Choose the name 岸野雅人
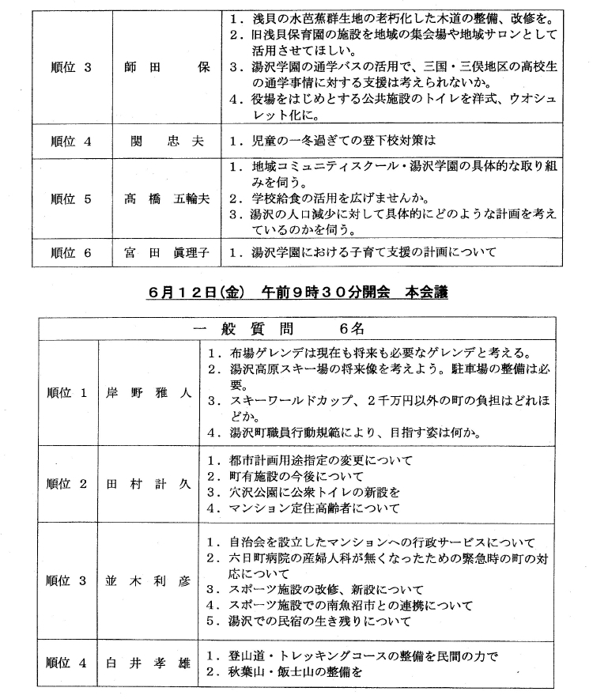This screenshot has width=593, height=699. [x=148, y=392]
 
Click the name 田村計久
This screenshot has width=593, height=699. [x=148, y=484]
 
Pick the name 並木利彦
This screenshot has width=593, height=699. [x=148, y=580]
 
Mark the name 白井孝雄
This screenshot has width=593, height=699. [x=148, y=663]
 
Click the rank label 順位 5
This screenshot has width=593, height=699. [x=70, y=199]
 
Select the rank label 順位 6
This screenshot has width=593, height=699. [x=70, y=253]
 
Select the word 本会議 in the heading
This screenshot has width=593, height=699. [x=425, y=292]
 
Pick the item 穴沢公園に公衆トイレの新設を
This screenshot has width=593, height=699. [x=304, y=492]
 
